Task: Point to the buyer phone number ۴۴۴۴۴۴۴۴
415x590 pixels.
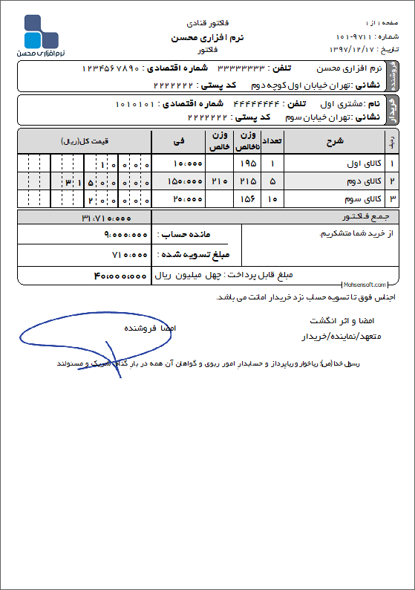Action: point(255,103)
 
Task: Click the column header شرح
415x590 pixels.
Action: point(334,142)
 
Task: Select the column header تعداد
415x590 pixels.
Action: point(272,142)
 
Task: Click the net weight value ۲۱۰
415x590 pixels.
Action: point(219,181)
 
